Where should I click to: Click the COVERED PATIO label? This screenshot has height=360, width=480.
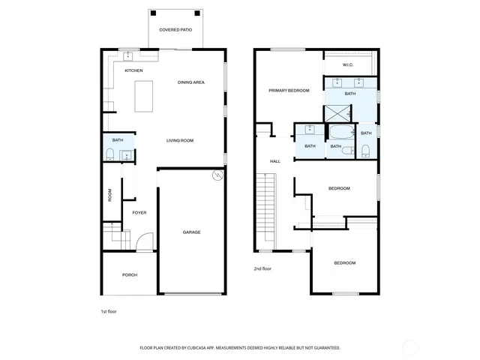[x=175, y=29]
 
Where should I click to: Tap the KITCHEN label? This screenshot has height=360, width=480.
[x=133, y=70]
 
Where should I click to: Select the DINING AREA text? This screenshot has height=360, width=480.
[x=190, y=82]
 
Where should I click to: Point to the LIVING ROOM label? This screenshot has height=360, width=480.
[x=180, y=140]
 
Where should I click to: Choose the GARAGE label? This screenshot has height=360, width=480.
[x=191, y=232]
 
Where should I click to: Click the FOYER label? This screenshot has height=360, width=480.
[x=139, y=212]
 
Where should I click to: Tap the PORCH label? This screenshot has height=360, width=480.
[x=130, y=275]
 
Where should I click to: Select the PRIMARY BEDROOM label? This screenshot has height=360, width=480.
[x=289, y=90]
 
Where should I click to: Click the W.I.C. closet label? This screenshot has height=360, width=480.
[x=348, y=64]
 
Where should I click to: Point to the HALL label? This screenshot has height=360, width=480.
[x=274, y=161]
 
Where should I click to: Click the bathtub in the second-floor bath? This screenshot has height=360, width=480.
[x=341, y=133]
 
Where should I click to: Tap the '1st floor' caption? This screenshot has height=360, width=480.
[x=109, y=311]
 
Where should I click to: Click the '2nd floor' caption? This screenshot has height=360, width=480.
[x=262, y=268]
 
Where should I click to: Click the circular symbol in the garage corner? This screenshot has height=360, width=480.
[x=218, y=175]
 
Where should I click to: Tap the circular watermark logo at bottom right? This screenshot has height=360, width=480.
[x=409, y=346]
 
